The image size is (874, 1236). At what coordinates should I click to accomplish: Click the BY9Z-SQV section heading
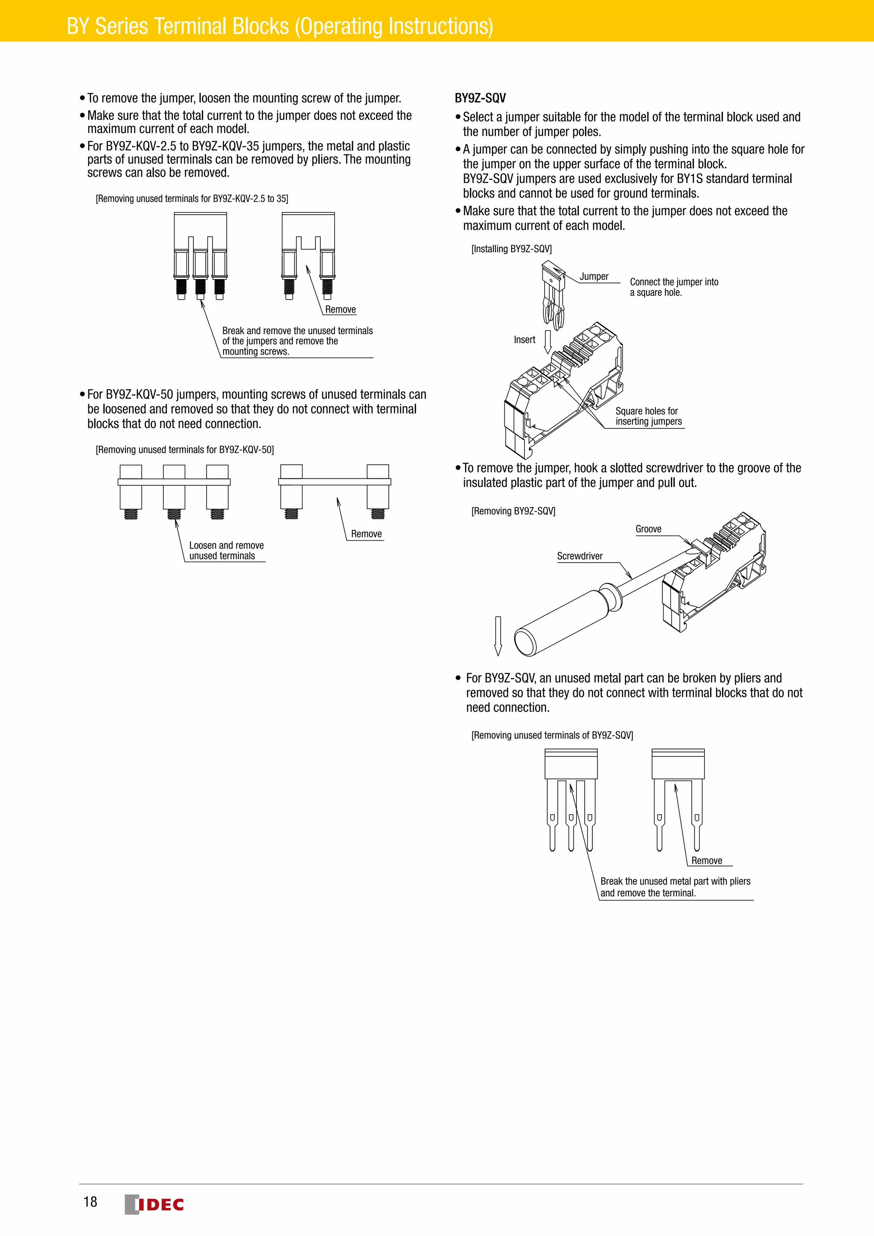tap(480, 98)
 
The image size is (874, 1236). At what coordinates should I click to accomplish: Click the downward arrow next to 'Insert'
tap(548, 341)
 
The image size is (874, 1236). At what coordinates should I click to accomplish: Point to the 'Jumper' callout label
tap(594, 277)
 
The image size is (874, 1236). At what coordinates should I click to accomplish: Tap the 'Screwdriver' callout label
tap(579, 556)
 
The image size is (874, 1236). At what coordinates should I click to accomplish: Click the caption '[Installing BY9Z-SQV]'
tap(511, 249)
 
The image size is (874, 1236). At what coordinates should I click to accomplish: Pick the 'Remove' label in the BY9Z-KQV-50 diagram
tap(366, 534)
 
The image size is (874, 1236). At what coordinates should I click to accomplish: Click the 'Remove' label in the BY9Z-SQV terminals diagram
tap(706, 861)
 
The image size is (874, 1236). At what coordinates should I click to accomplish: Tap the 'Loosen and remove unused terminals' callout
tap(226, 551)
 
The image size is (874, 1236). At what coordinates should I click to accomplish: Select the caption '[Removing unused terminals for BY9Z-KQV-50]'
tap(185, 449)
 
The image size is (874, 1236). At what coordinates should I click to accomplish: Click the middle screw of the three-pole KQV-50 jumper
tap(174, 513)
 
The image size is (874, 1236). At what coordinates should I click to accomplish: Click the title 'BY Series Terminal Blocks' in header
tap(280, 26)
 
